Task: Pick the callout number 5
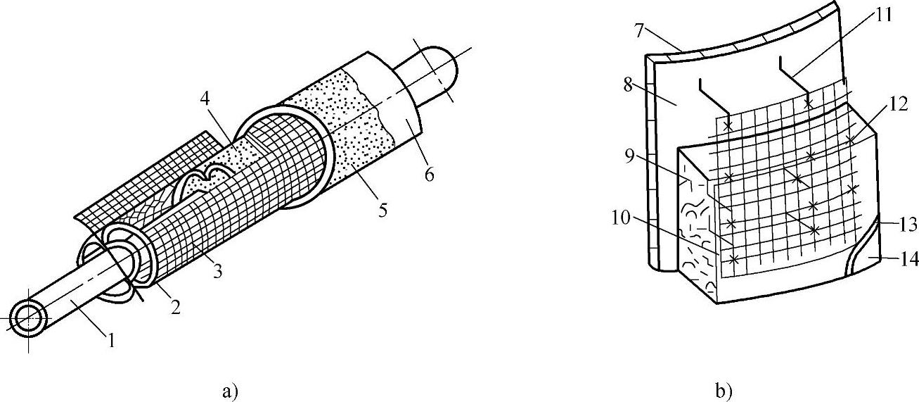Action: (382, 210)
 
